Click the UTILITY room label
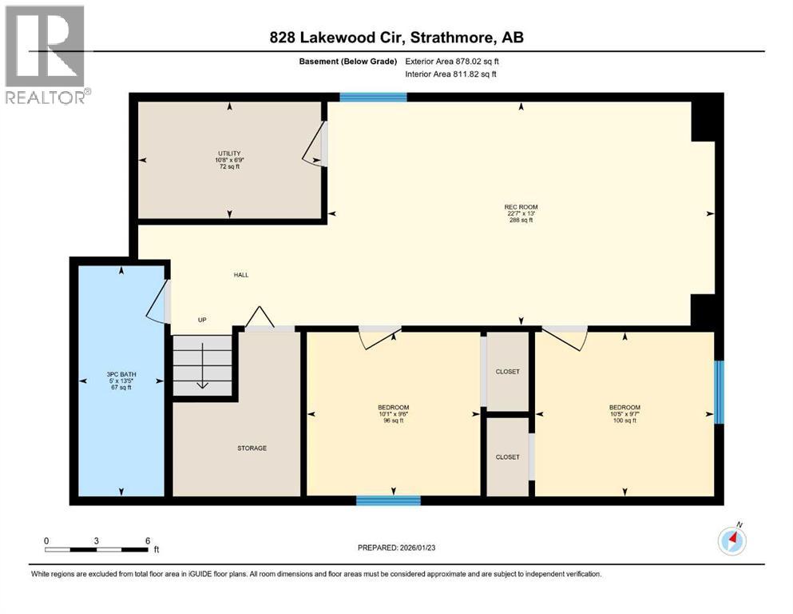(230, 153)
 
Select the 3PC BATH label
(120, 373)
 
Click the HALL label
(241, 275)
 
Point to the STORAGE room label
(252, 448)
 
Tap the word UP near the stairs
(202, 320)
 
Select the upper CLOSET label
(507, 372)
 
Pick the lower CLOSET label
(507, 457)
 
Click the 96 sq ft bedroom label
(393, 408)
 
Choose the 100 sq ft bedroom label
(624, 408)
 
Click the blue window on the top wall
(373, 98)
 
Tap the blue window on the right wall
(719, 392)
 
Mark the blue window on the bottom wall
(388, 500)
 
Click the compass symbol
(732, 541)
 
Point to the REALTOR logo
(46, 54)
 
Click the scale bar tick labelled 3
(96, 541)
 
